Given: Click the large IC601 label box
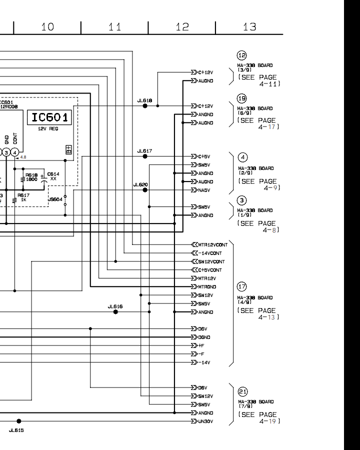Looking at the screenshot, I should pyautogui.click(x=49, y=117).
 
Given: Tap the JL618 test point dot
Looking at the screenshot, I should pyautogui.click(x=145, y=106).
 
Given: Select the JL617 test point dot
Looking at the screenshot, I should pyautogui.click(x=145, y=156).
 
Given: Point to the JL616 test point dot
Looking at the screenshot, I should pyautogui.click(x=115, y=311).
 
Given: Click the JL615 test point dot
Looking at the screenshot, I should pyautogui.click(x=19, y=421).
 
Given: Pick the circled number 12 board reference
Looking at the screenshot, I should pyautogui.click(x=242, y=55).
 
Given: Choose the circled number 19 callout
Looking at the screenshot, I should pyautogui.click(x=242, y=98).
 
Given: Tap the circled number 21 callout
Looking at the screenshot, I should pyautogui.click(x=242, y=391).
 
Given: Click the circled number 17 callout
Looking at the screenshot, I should pyautogui.click(x=242, y=287).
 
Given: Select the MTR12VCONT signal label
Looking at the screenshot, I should pyautogui.click(x=212, y=245).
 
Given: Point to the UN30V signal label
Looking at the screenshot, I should pyautogui.click(x=205, y=421).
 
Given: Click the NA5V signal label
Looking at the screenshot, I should pyautogui.click(x=204, y=190).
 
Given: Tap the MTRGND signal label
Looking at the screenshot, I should pyautogui.click(x=207, y=287).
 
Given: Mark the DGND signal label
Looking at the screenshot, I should pyautogui.click(x=204, y=337).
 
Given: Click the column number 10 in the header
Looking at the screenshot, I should pyautogui.click(x=47, y=27).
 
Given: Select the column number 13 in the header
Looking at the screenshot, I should pyautogui.click(x=249, y=27).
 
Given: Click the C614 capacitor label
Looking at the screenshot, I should pyautogui.click(x=53, y=176).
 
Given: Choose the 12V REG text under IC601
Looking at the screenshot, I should pyautogui.click(x=48, y=129).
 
